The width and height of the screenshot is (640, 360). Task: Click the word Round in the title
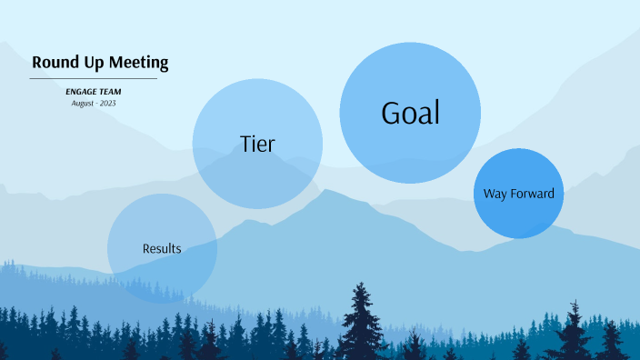[x=53, y=63]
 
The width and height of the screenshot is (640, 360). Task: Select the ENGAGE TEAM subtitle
[x=93, y=92]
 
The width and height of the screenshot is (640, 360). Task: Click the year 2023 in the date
[x=106, y=103]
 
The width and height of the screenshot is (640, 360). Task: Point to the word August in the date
[x=84, y=103]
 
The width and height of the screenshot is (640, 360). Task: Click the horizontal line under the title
[x=93, y=79]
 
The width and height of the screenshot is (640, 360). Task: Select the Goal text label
[x=410, y=113]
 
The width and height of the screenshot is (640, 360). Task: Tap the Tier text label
[x=257, y=144]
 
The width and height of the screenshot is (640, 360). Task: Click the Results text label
[x=162, y=248]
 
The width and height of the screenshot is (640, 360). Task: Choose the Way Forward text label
[x=518, y=194]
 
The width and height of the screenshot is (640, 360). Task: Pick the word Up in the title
[x=89, y=63]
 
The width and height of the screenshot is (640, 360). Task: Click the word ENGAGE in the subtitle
[x=82, y=92]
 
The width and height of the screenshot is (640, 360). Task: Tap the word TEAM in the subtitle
[x=110, y=92]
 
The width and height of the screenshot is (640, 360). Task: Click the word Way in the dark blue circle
[x=495, y=194]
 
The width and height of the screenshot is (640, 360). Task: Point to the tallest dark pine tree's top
[x=362, y=285]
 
